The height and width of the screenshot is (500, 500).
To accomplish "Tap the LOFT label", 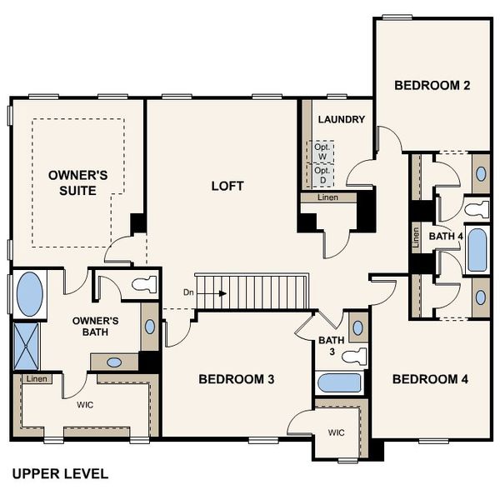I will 227,186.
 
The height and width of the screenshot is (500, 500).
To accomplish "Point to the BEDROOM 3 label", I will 237,380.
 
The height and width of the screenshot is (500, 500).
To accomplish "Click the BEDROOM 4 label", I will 430,380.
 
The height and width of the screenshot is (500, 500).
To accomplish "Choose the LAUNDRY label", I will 342,119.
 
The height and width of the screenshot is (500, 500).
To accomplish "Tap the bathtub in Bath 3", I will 339,384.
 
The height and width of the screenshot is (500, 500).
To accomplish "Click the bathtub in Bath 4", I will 477,251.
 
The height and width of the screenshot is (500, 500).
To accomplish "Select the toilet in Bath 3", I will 356,357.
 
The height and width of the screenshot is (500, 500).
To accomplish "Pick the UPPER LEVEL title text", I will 60,473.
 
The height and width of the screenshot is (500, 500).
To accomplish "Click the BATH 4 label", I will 445,237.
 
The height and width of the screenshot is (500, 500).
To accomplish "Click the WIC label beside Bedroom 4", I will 336,432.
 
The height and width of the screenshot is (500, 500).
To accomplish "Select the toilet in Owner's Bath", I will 144,283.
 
